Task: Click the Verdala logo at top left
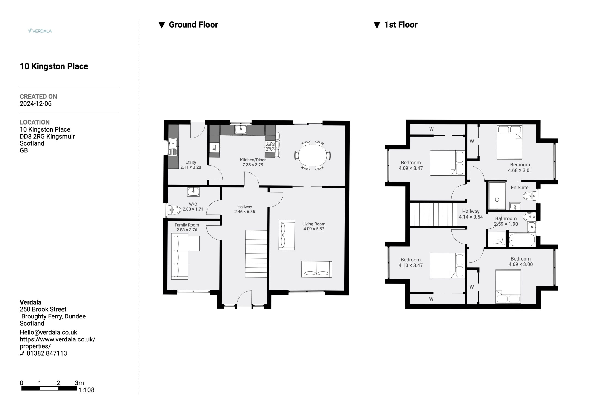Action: click(x=40, y=31)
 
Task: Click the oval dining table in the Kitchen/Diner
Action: click(x=312, y=155)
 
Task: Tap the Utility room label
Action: click(x=191, y=162)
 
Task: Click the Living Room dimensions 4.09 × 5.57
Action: click(x=314, y=229)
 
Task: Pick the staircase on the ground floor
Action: click(x=256, y=254)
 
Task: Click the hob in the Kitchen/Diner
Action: click(x=270, y=146)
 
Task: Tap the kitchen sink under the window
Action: click(x=241, y=129)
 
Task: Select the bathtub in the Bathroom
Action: click(x=522, y=240)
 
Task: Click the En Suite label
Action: click(x=520, y=187)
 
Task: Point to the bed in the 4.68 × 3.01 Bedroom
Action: click(x=509, y=142)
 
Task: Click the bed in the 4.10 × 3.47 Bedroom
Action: click(x=447, y=265)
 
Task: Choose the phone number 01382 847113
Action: click(x=47, y=353)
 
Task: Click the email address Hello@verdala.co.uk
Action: click(x=49, y=332)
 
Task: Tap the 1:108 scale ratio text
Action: click(x=87, y=390)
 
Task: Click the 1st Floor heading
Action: click(x=401, y=25)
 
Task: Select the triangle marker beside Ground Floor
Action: click(x=162, y=25)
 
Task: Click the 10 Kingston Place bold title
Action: click(x=54, y=66)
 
